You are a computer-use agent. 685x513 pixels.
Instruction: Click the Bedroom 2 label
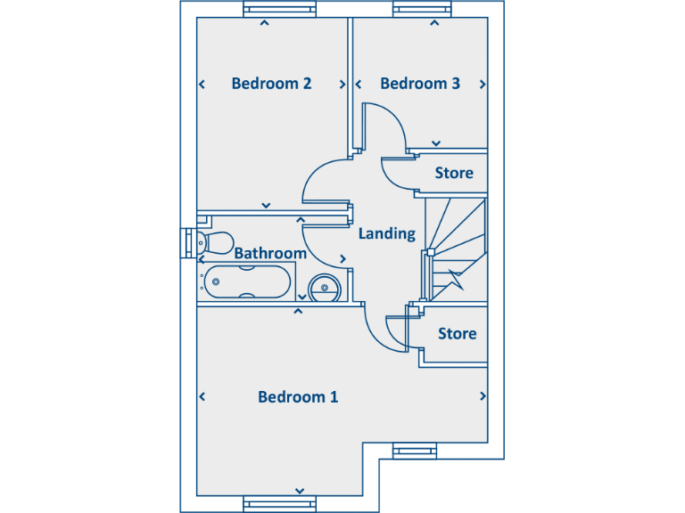click(271, 84)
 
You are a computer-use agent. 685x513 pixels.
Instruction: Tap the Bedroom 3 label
click(420, 84)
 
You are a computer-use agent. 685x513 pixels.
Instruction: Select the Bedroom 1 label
click(298, 397)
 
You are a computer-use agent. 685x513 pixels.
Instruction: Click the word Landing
click(387, 234)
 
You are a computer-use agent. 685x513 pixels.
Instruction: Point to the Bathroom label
click(270, 254)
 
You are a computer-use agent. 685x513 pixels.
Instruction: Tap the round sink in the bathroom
click(324, 287)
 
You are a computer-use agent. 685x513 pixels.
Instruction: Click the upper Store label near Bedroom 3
click(454, 173)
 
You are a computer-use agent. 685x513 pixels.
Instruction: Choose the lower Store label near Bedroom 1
click(457, 334)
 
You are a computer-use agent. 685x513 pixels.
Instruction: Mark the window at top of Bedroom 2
click(280, 10)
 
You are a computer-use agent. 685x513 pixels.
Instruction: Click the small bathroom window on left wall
click(186, 242)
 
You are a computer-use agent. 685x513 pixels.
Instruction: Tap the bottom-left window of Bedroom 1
click(280, 504)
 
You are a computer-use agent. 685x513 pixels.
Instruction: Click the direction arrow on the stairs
click(458, 279)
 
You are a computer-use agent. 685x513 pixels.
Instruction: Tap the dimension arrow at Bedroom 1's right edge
click(483, 396)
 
